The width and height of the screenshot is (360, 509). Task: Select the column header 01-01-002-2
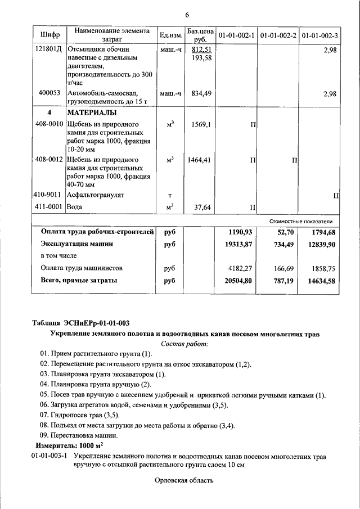pos(278,35)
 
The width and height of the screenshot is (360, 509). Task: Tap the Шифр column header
pos(48,35)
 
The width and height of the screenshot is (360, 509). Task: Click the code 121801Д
pos(48,49)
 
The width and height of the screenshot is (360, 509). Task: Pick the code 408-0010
pos(48,124)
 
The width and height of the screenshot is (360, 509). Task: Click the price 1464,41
pos(200,160)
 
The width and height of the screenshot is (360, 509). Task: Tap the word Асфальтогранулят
pos(96,195)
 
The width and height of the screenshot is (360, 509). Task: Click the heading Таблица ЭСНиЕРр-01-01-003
pos(81,323)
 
